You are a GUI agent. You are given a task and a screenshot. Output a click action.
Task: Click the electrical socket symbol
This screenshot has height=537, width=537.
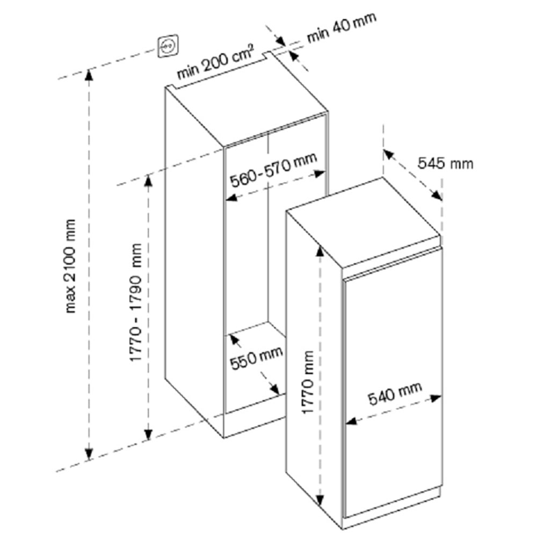coord(166,47)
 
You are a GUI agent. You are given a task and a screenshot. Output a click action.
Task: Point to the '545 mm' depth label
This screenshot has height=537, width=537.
coord(446,162)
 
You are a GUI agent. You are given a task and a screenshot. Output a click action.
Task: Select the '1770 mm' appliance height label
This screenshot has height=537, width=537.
coord(308,382)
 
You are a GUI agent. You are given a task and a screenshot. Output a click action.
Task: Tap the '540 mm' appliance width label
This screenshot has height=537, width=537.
coord(395,393)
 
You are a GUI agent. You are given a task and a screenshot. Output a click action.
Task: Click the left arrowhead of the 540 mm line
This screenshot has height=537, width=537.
coord(350,422)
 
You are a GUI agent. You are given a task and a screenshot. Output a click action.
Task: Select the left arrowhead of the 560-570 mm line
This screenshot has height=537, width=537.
coord(229,198)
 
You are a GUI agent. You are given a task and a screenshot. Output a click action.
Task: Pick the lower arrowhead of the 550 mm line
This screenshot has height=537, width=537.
coord(275,390)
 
